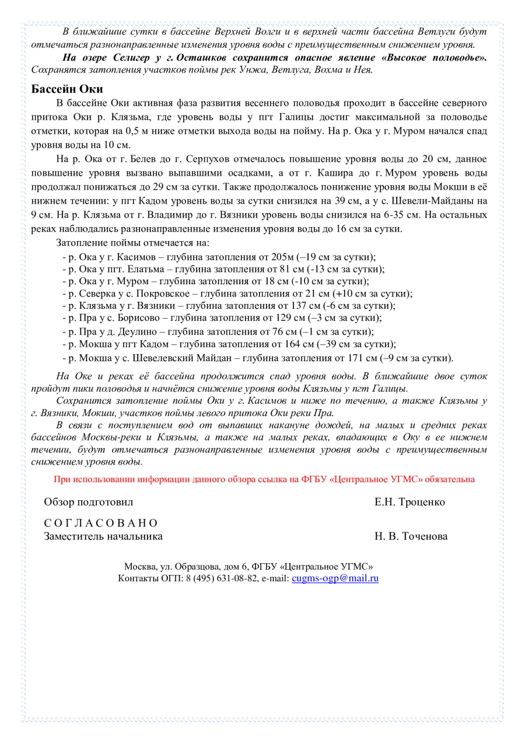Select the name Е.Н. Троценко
point(409,502)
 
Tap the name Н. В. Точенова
point(411,536)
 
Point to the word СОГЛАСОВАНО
point(101,523)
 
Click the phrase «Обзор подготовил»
point(89,502)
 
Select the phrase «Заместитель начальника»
point(103,536)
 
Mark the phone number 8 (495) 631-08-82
point(222,578)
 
